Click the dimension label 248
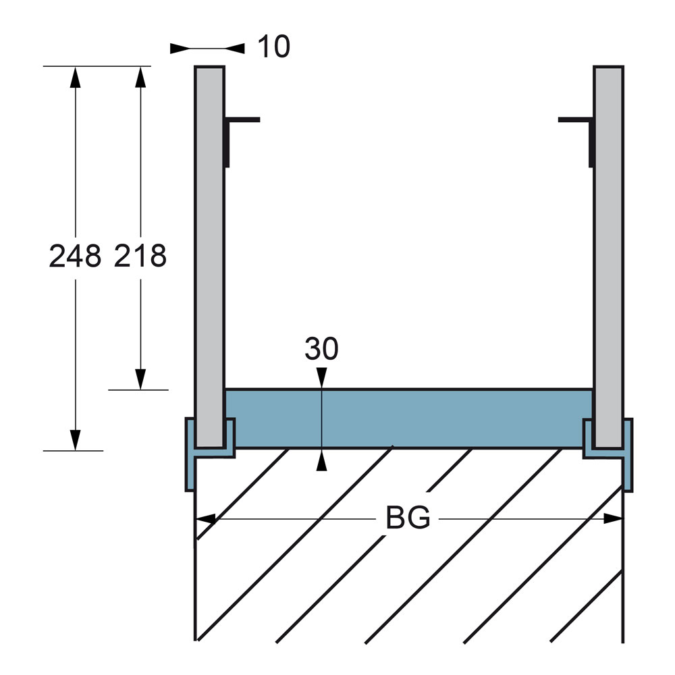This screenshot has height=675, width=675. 75,256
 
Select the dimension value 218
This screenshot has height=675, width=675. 140,256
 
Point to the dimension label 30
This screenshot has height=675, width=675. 321,348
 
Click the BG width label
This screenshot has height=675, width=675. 408,518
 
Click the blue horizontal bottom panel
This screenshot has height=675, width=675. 409,418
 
